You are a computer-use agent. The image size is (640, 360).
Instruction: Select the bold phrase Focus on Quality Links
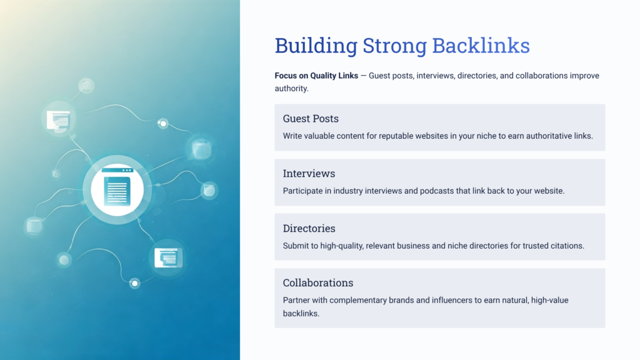click(316, 76)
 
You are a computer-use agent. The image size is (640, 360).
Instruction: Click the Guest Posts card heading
click(311, 119)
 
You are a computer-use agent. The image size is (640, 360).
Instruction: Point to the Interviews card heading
click(309, 173)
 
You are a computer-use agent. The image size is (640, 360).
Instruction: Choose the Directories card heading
click(309, 228)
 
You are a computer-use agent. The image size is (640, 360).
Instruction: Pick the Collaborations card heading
click(317, 282)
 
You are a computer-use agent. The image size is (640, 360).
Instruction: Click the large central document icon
click(117, 190)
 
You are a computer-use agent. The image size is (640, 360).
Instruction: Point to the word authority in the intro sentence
click(291, 89)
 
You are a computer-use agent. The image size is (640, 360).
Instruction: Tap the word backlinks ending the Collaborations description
click(301, 314)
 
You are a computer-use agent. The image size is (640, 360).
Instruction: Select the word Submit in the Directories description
click(296, 246)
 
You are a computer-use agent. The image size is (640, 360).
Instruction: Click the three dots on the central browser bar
click(127, 170)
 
